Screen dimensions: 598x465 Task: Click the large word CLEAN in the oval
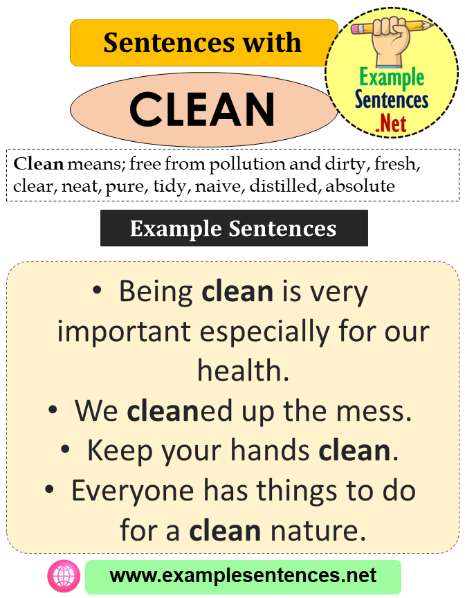[202, 109]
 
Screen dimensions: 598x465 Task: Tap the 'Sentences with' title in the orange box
[202, 43]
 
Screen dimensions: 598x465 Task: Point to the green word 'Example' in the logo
[391, 78]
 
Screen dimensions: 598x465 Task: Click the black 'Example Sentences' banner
[233, 228]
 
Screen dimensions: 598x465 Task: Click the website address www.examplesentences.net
[243, 576]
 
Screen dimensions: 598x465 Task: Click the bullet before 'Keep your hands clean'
[65, 451]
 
